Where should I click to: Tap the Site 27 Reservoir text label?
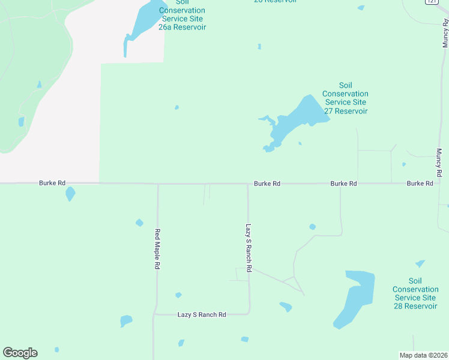(345, 98)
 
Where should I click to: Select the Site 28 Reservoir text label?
(415, 293)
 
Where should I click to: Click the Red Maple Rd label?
(157, 248)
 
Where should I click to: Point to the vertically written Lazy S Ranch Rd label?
(248, 248)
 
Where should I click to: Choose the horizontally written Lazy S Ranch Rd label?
(202, 314)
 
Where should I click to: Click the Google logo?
(20, 353)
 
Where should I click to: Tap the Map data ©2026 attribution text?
(424, 355)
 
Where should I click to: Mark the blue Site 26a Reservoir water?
(144, 21)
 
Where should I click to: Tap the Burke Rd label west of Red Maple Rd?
(52, 182)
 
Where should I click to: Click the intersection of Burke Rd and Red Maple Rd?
(158, 184)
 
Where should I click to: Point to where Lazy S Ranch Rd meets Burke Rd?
(248, 184)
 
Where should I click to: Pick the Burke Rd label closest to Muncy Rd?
(420, 183)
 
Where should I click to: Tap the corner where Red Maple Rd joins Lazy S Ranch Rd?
(155, 313)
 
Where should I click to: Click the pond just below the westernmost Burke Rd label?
(70, 194)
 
